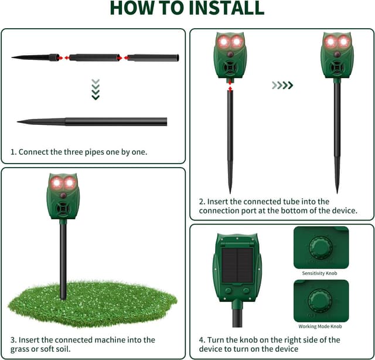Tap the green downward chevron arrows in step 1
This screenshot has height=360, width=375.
(96, 89)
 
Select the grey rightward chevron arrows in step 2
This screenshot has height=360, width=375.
(282, 86)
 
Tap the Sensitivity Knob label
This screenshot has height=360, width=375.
(320, 274)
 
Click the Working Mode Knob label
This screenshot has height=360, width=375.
(320, 327)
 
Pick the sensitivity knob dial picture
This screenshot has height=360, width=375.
(321, 247)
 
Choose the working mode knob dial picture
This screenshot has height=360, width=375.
(321, 300)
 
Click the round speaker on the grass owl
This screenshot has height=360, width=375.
(63, 208)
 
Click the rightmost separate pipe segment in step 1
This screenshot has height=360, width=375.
(153, 58)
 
